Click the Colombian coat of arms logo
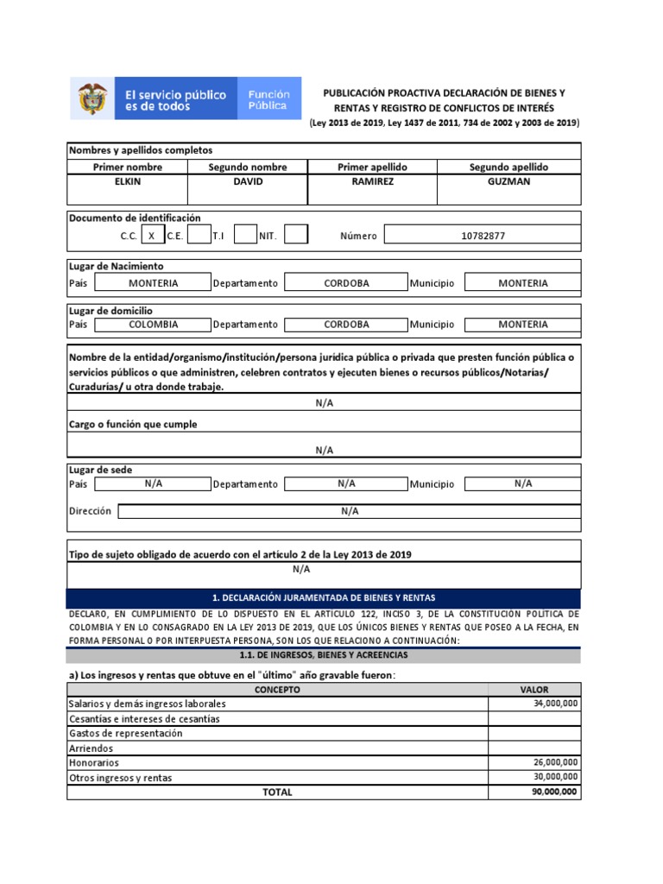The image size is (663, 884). click(93, 99)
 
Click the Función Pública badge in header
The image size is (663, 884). click(268, 99)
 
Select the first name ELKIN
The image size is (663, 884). click(127, 183)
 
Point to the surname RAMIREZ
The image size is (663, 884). click(372, 183)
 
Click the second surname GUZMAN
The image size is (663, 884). click(508, 183)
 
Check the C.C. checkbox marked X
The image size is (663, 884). click(152, 235)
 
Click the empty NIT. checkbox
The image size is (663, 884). click(295, 235)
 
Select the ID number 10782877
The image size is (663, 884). click(482, 235)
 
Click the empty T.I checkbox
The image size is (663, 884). click(245, 235)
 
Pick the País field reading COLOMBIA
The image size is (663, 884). click(153, 325)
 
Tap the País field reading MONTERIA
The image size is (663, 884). click(153, 283)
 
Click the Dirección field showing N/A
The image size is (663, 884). click(349, 511)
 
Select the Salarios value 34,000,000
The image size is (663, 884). click(534, 704)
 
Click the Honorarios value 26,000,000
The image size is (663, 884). click(534, 763)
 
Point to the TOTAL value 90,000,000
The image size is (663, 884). click(534, 792)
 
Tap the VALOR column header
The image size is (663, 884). click(534, 690)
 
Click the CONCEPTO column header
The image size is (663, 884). click(277, 690)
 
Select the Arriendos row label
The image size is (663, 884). click(91, 748)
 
